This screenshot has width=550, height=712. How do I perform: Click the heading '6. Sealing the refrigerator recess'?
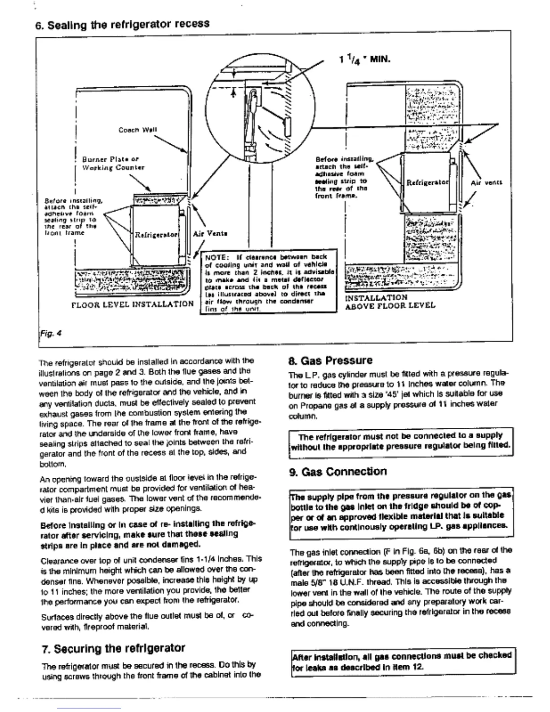(122, 24)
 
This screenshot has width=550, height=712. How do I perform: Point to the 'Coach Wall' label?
(137, 130)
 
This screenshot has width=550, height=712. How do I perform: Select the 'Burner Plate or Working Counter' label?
(113, 163)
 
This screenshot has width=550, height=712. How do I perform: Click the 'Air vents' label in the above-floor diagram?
(486, 183)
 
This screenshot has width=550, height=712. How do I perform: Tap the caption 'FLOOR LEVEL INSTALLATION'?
(133, 304)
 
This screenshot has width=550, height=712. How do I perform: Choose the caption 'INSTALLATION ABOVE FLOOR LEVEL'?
(390, 302)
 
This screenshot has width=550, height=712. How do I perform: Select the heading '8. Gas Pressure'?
(330, 360)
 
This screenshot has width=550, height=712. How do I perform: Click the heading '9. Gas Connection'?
(337, 472)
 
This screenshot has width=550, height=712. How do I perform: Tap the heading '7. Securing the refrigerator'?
(113, 648)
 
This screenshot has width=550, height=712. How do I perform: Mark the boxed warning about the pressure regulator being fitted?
(400, 441)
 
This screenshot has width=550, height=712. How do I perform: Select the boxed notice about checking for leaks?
(401, 661)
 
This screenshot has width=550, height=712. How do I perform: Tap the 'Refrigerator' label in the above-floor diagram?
(427, 182)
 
